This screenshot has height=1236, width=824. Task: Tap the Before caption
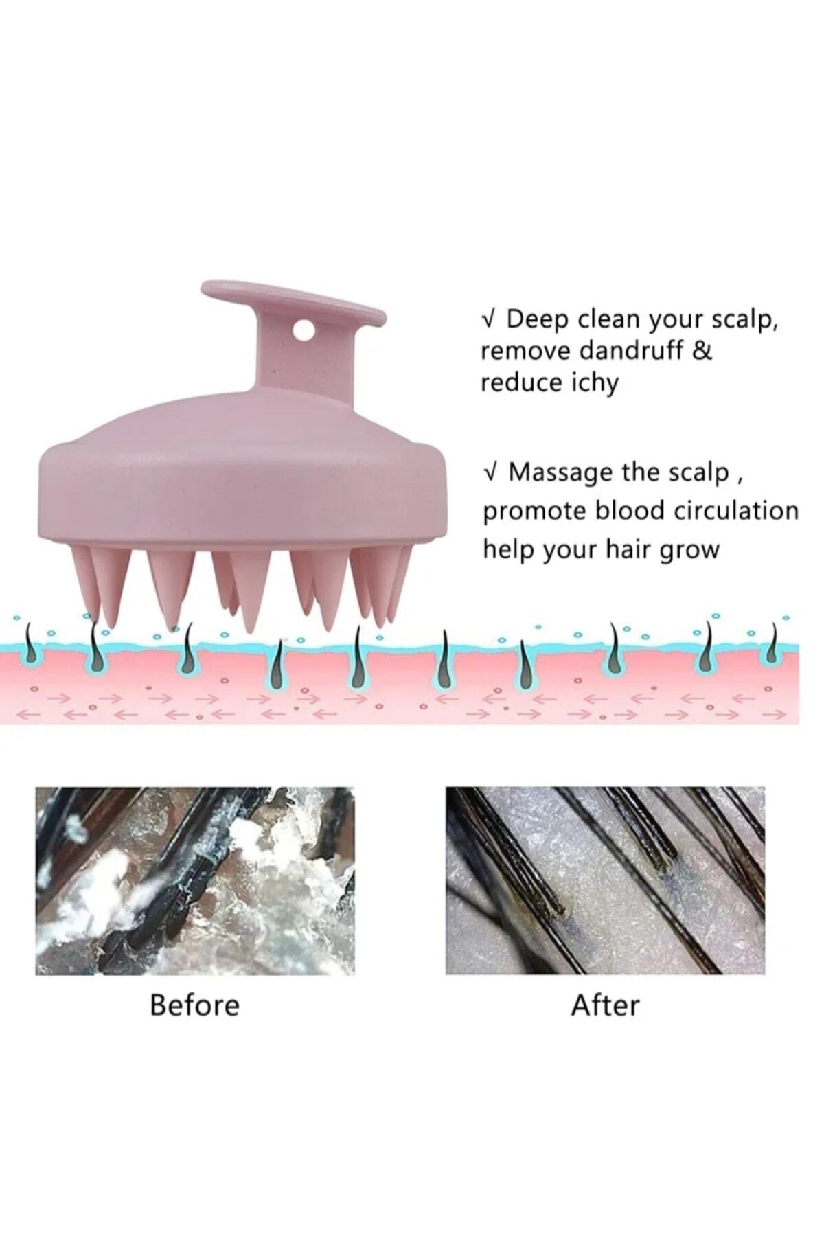coord(195,1005)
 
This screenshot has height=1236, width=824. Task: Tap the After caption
coord(605,1005)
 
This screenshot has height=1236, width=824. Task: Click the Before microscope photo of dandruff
coord(195,880)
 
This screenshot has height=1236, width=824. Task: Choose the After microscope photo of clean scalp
coord(605,880)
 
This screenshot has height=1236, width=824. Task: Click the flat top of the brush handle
coord(292,300)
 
